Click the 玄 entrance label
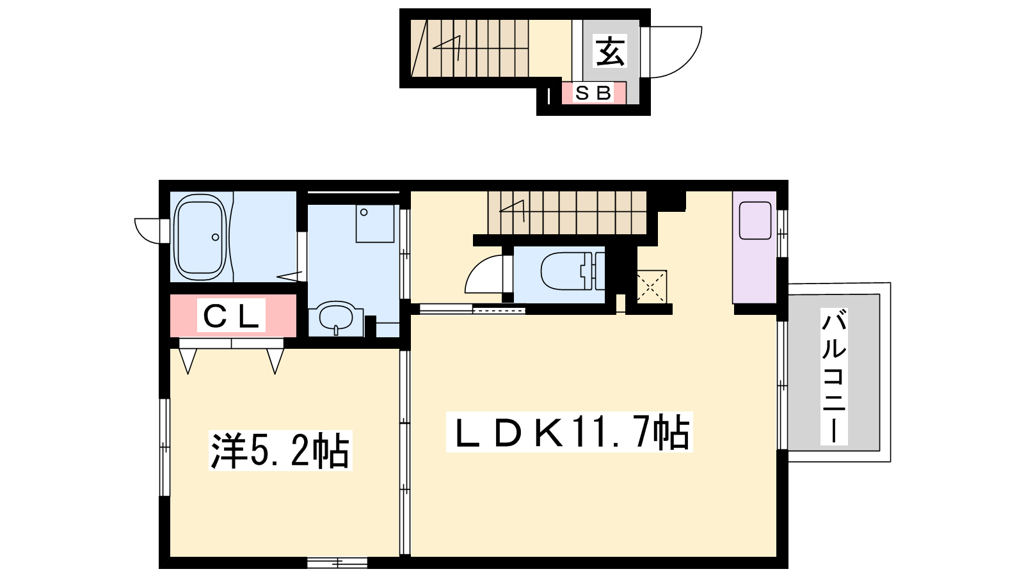(611, 51)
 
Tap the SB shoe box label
(593, 93)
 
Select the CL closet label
(231, 316)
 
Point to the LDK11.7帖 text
(570, 432)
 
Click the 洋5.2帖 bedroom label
(280, 451)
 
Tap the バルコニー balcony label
(834, 376)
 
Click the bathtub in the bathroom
(201, 237)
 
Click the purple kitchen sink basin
(755, 220)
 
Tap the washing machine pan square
(375, 223)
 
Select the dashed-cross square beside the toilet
(652, 287)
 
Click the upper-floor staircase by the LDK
(567, 212)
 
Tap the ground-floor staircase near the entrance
(470, 48)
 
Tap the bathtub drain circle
(215, 237)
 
